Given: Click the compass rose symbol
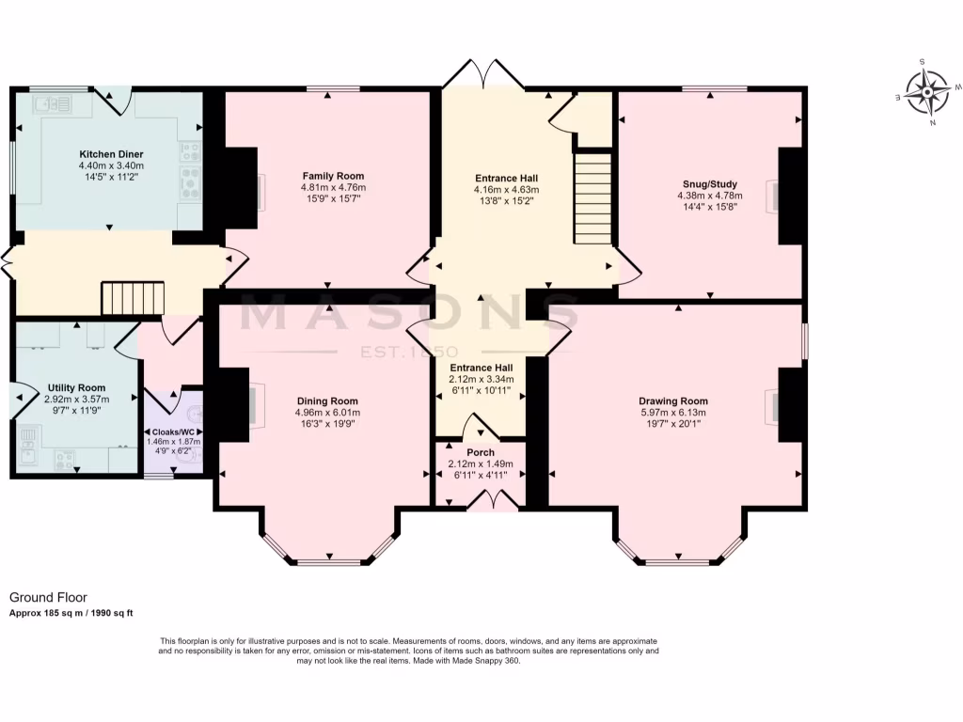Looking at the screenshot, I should [930, 94].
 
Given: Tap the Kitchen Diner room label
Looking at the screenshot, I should [111, 153].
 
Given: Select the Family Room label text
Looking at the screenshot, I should [333, 176].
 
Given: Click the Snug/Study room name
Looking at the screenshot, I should [709, 184].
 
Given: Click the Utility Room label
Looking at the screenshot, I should [76, 387].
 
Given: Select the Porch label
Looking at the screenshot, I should [480, 452].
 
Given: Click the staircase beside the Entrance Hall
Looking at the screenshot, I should [593, 198].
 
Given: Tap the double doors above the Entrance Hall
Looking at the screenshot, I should [485, 74].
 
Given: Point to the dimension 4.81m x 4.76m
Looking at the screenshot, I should [333, 187].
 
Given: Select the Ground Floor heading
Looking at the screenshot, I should [48, 597].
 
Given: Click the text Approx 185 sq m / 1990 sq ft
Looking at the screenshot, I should [71, 613].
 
